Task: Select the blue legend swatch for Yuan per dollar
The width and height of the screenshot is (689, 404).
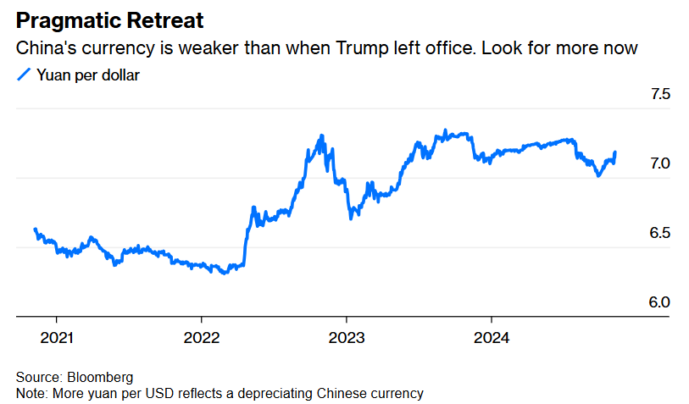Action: [24, 75]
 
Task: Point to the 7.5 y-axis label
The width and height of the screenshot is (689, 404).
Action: [659, 94]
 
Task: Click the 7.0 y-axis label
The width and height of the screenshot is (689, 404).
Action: [659, 163]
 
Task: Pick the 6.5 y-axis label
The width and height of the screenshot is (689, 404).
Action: [659, 233]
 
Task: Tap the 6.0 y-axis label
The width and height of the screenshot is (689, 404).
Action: [659, 302]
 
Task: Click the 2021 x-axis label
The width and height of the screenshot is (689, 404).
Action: [56, 338]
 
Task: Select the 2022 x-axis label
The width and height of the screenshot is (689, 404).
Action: [201, 338]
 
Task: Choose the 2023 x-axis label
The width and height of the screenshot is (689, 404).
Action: [346, 338]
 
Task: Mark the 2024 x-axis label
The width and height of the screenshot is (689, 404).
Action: [491, 338]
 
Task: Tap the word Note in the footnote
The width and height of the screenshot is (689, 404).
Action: [31, 393]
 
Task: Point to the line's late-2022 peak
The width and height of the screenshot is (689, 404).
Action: [321, 136]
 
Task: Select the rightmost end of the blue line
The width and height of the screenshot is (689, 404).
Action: [614, 152]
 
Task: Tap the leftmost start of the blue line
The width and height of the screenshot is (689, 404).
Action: [35, 229]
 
